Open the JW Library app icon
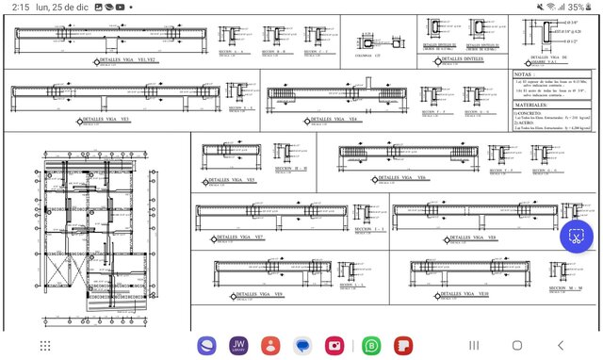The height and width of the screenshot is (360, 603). pyautogui.click(x=239, y=345)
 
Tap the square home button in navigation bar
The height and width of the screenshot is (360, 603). pyautogui.click(x=517, y=345)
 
